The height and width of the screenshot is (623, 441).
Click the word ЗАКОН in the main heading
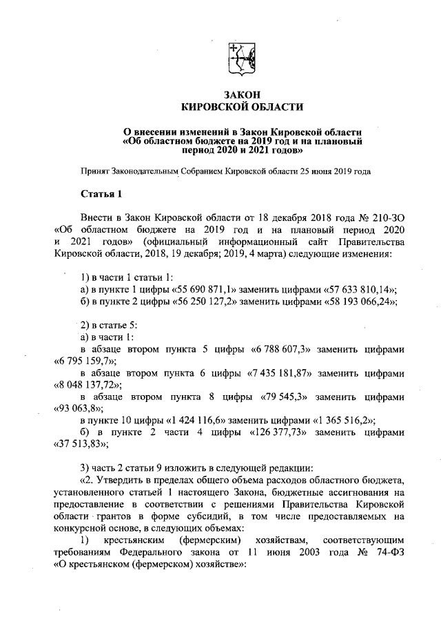(240, 94)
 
